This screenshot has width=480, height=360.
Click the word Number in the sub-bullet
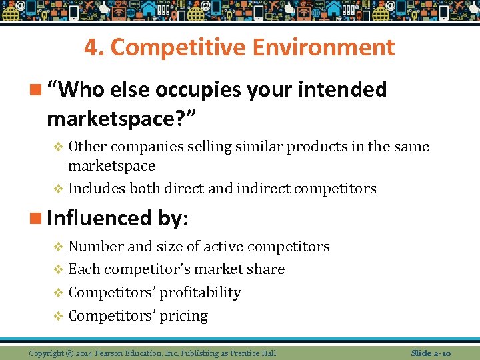pos(95,247)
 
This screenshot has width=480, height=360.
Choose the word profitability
pos(201,293)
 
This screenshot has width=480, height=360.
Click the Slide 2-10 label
pos(431,353)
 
